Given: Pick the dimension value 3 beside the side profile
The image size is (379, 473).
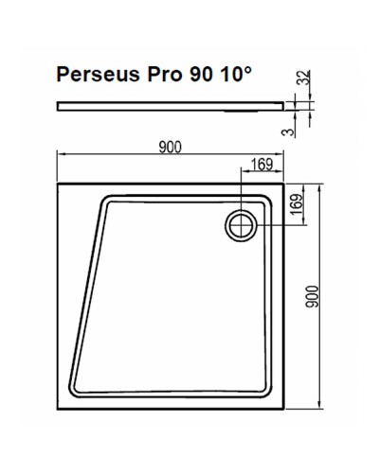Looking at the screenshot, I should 302,130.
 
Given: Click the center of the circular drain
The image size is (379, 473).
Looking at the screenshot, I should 241,223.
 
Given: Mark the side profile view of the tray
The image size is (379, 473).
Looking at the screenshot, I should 171,104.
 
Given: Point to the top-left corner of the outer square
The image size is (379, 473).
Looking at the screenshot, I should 59,184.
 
